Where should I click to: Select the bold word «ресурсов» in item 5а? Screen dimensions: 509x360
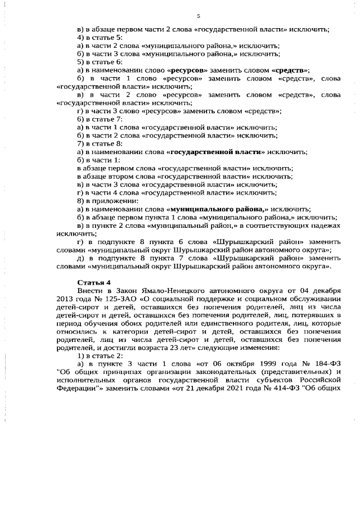(188, 70)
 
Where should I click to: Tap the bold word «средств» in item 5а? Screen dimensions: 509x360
(290, 70)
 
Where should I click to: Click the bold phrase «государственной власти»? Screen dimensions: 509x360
(215, 152)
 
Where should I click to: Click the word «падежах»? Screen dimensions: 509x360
(325, 225)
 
